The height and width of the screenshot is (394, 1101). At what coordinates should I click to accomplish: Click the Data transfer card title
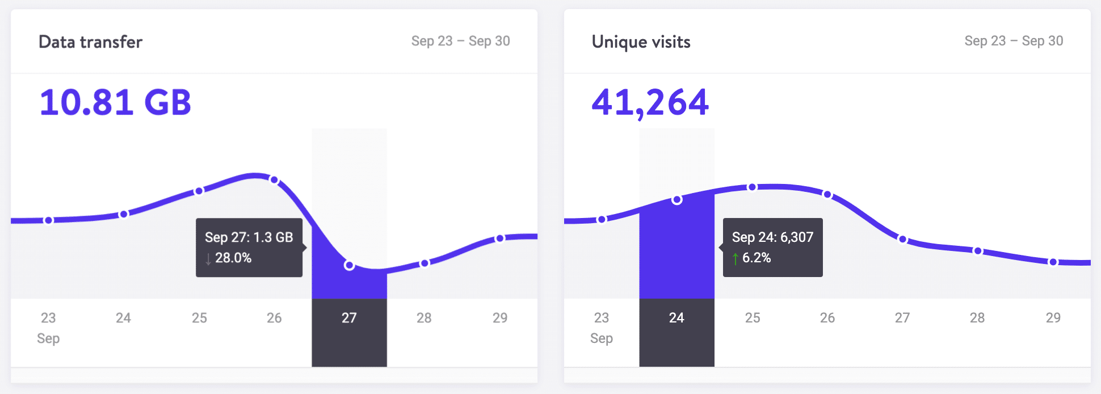pos(90,42)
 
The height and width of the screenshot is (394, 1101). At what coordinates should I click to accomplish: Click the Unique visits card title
pos(641,42)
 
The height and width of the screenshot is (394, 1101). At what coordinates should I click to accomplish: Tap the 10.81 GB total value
pos(115,103)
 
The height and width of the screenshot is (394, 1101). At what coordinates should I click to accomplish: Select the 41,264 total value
pos(650,103)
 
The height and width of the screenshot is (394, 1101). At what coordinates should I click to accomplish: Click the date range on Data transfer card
pos(460,41)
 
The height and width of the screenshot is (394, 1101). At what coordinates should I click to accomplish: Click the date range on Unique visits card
pos(1014,41)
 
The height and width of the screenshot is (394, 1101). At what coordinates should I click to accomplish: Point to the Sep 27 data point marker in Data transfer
pos(349,265)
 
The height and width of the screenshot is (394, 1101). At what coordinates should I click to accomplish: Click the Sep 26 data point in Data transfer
pos(274,180)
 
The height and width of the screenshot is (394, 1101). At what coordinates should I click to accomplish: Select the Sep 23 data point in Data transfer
pos(49,220)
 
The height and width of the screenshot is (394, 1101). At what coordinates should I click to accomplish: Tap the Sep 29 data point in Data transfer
pos(499,238)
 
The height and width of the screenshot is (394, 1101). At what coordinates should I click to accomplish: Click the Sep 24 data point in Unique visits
pos(676,200)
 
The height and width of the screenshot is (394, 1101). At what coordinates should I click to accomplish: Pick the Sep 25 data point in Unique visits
pos(752,187)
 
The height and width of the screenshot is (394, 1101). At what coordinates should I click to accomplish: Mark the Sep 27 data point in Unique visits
pos(902,239)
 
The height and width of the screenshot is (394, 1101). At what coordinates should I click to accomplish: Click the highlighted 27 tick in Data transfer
pos(349,318)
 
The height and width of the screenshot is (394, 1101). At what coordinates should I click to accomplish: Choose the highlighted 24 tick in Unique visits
pos(676,318)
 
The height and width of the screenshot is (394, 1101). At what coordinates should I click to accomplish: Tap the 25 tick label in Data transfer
pos(199,318)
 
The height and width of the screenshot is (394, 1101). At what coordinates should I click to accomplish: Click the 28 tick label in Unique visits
pos(977,318)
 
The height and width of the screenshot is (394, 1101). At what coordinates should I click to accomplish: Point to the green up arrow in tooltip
pos(736,259)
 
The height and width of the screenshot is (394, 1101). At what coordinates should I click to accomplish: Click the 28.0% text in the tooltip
pos(233,258)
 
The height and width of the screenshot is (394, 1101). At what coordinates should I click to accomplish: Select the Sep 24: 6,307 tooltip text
pos(772,237)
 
